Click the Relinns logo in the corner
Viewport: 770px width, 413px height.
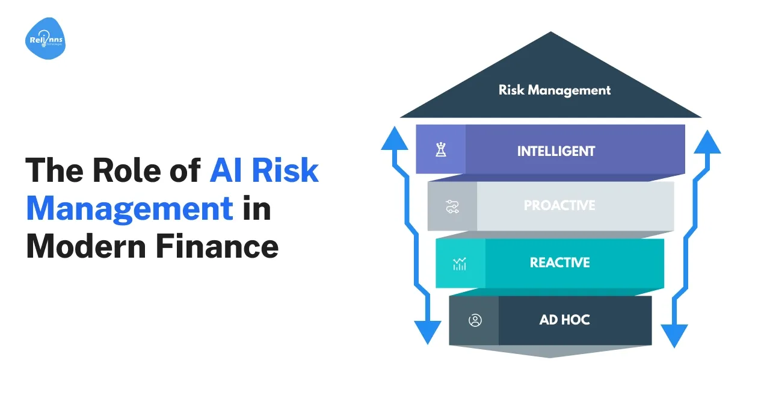[45, 39]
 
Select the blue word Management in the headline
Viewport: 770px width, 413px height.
[129, 208]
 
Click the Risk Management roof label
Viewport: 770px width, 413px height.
[554, 90]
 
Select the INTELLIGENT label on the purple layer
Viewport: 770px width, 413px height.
[556, 151]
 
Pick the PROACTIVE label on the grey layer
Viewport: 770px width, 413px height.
[559, 205]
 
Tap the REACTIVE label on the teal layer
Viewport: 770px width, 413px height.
[559, 263]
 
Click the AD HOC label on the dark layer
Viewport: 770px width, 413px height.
[564, 320]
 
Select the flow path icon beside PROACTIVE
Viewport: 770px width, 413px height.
[452, 206]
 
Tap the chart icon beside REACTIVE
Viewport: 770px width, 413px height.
[460, 264]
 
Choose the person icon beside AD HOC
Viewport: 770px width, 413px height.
[475, 320]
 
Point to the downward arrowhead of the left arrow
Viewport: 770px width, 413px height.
[428, 332]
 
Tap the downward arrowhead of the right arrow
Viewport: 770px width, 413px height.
[674, 334]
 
